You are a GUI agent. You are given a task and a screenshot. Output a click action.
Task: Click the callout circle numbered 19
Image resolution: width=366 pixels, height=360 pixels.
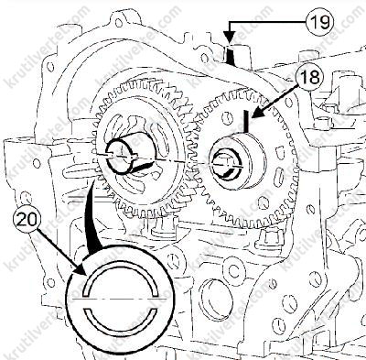[320, 22]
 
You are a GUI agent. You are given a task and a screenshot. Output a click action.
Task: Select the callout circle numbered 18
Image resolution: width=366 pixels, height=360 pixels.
[309, 77]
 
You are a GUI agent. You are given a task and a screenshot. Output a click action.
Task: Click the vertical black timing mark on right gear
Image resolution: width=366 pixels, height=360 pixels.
[246, 121]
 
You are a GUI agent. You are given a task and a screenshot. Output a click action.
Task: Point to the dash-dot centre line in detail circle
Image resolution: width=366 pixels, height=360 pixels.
[120, 300]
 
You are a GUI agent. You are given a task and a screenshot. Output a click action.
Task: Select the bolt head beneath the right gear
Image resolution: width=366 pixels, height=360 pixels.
[268, 238]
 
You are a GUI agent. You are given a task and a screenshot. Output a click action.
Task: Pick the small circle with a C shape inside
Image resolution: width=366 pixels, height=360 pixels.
[234, 268]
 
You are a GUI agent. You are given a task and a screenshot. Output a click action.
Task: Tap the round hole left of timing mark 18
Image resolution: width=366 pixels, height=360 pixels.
[226, 118]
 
